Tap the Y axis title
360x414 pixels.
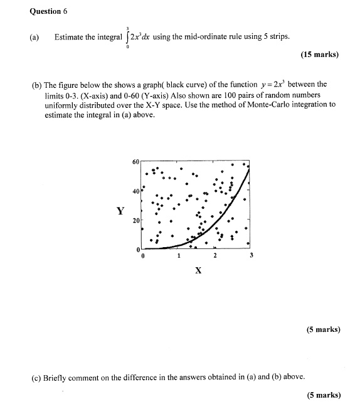(120, 211)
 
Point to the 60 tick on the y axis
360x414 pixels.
(136, 162)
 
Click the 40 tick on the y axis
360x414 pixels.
(136, 191)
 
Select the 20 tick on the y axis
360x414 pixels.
(136, 221)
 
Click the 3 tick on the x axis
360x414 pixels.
(251, 256)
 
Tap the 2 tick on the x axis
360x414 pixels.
(214, 256)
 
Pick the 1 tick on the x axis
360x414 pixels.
(179, 256)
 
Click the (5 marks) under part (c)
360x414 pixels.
(324, 395)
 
